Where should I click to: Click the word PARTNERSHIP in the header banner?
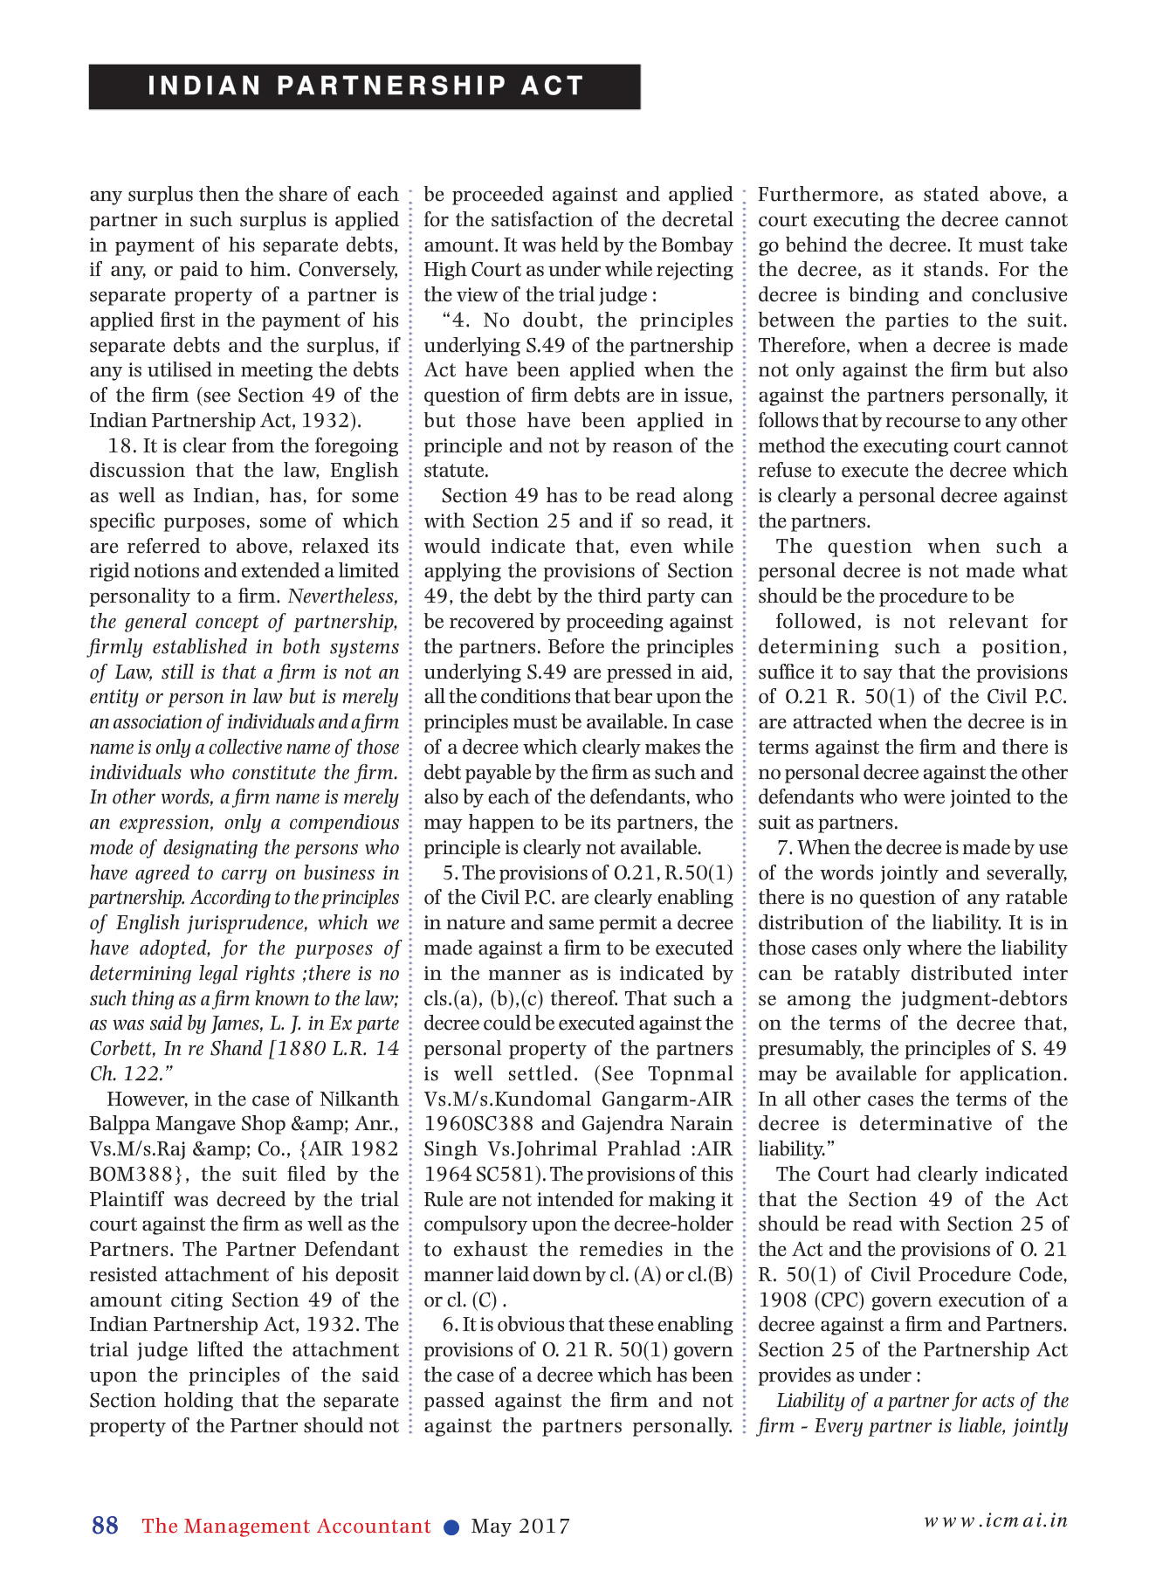coord(392,86)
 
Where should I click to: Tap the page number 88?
coord(105,1526)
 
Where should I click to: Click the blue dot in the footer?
coord(451,1527)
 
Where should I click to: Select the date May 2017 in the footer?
coord(520,1527)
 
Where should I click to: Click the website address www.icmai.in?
coord(995,1520)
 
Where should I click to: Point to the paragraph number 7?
coord(783,848)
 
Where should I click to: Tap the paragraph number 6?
coord(449,1325)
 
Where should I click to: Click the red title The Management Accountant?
coord(286,1527)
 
